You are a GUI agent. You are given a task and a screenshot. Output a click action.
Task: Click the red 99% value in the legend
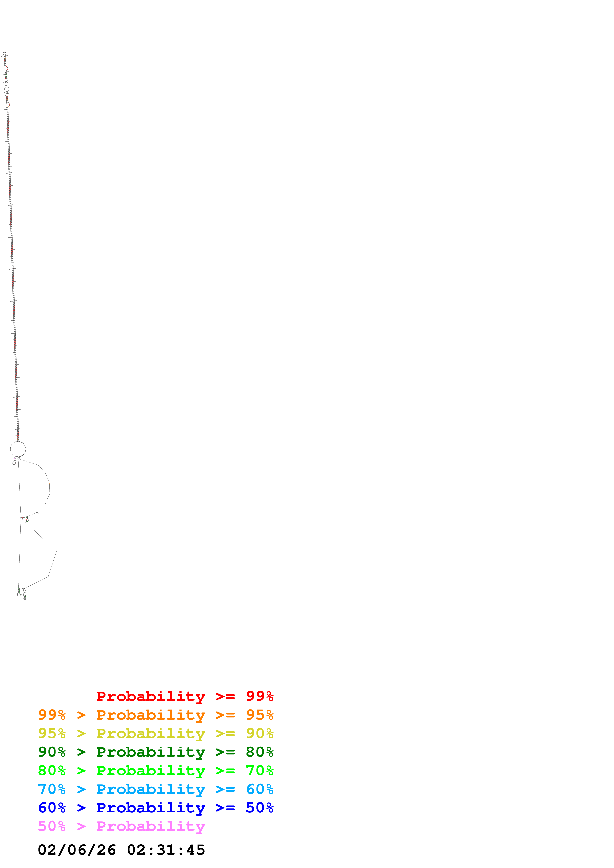click(x=260, y=696)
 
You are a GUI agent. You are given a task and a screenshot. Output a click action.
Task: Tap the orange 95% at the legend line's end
click(x=260, y=715)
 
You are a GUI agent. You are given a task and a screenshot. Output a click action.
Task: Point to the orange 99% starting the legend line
click(x=52, y=715)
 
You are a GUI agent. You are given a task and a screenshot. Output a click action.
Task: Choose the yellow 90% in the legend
click(x=260, y=733)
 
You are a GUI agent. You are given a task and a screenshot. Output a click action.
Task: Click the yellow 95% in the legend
click(x=52, y=733)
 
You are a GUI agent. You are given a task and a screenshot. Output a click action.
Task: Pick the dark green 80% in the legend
click(x=260, y=752)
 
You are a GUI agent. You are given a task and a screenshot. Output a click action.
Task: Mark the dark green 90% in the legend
click(x=52, y=752)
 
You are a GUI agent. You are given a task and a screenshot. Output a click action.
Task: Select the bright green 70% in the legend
click(x=260, y=771)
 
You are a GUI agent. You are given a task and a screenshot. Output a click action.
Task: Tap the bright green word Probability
click(x=151, y=771)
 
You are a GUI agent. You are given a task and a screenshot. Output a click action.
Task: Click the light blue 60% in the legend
click(x=260, y=789)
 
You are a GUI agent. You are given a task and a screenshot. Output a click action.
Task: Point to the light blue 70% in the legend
click(x=52, y=789)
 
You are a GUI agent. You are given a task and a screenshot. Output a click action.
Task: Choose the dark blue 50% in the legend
click(x=260, y=808)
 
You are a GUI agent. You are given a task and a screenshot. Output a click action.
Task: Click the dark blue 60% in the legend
click(x=52, y=808)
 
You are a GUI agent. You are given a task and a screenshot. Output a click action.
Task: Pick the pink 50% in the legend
click(x=52, y=826)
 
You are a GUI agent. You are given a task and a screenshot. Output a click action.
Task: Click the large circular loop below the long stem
click(x=18, y=449)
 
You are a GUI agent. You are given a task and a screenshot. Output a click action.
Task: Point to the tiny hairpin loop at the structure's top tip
click(x=4, y=54)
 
